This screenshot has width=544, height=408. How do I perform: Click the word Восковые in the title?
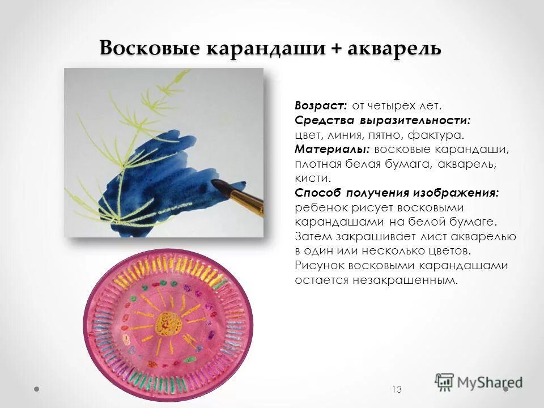[x=150, y=48]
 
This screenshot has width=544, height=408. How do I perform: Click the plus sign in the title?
[x=337, y=48]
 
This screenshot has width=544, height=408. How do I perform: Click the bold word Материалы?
[x=332, y=150]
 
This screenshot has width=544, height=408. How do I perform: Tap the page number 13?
[x=396, y=389]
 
